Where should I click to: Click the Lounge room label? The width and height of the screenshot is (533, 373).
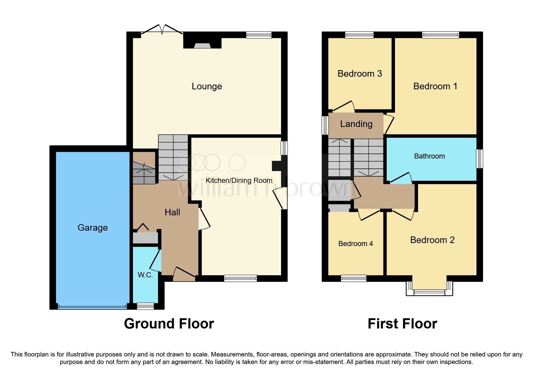coord(207,86)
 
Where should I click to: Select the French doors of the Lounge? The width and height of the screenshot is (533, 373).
coord(162,30)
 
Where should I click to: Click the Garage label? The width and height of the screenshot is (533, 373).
coord(93,228)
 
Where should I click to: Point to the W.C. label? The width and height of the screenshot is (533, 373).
coord(145,275)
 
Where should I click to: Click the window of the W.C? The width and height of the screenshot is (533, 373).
coord(145,306)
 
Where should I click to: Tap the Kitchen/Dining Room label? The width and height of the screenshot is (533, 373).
coord(239,180)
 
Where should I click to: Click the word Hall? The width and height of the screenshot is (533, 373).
coord(172,212)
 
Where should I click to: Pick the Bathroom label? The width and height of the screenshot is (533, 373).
coord(429,156)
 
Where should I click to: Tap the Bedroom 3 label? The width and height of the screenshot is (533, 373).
coord(360,74)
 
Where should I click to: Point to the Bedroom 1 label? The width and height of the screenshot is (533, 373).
coord(435,86)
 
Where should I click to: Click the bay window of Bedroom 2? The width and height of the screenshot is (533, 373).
coord(429,292)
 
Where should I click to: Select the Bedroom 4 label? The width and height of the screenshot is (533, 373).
coord(355,244)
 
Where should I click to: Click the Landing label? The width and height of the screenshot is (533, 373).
coord(356,124)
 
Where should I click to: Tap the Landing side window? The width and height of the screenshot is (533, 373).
coord(325,125)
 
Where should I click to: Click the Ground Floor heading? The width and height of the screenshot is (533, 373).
coord(169,324)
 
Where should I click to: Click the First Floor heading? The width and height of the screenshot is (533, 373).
coord(402,324)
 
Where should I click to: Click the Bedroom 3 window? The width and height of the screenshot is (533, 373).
coord(359,35)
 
